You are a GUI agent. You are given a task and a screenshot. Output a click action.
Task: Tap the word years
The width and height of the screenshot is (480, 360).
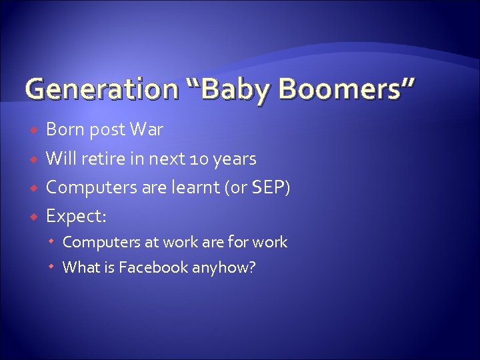point(233,159)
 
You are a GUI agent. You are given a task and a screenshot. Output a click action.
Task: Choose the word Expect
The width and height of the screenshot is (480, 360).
point(75,217)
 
